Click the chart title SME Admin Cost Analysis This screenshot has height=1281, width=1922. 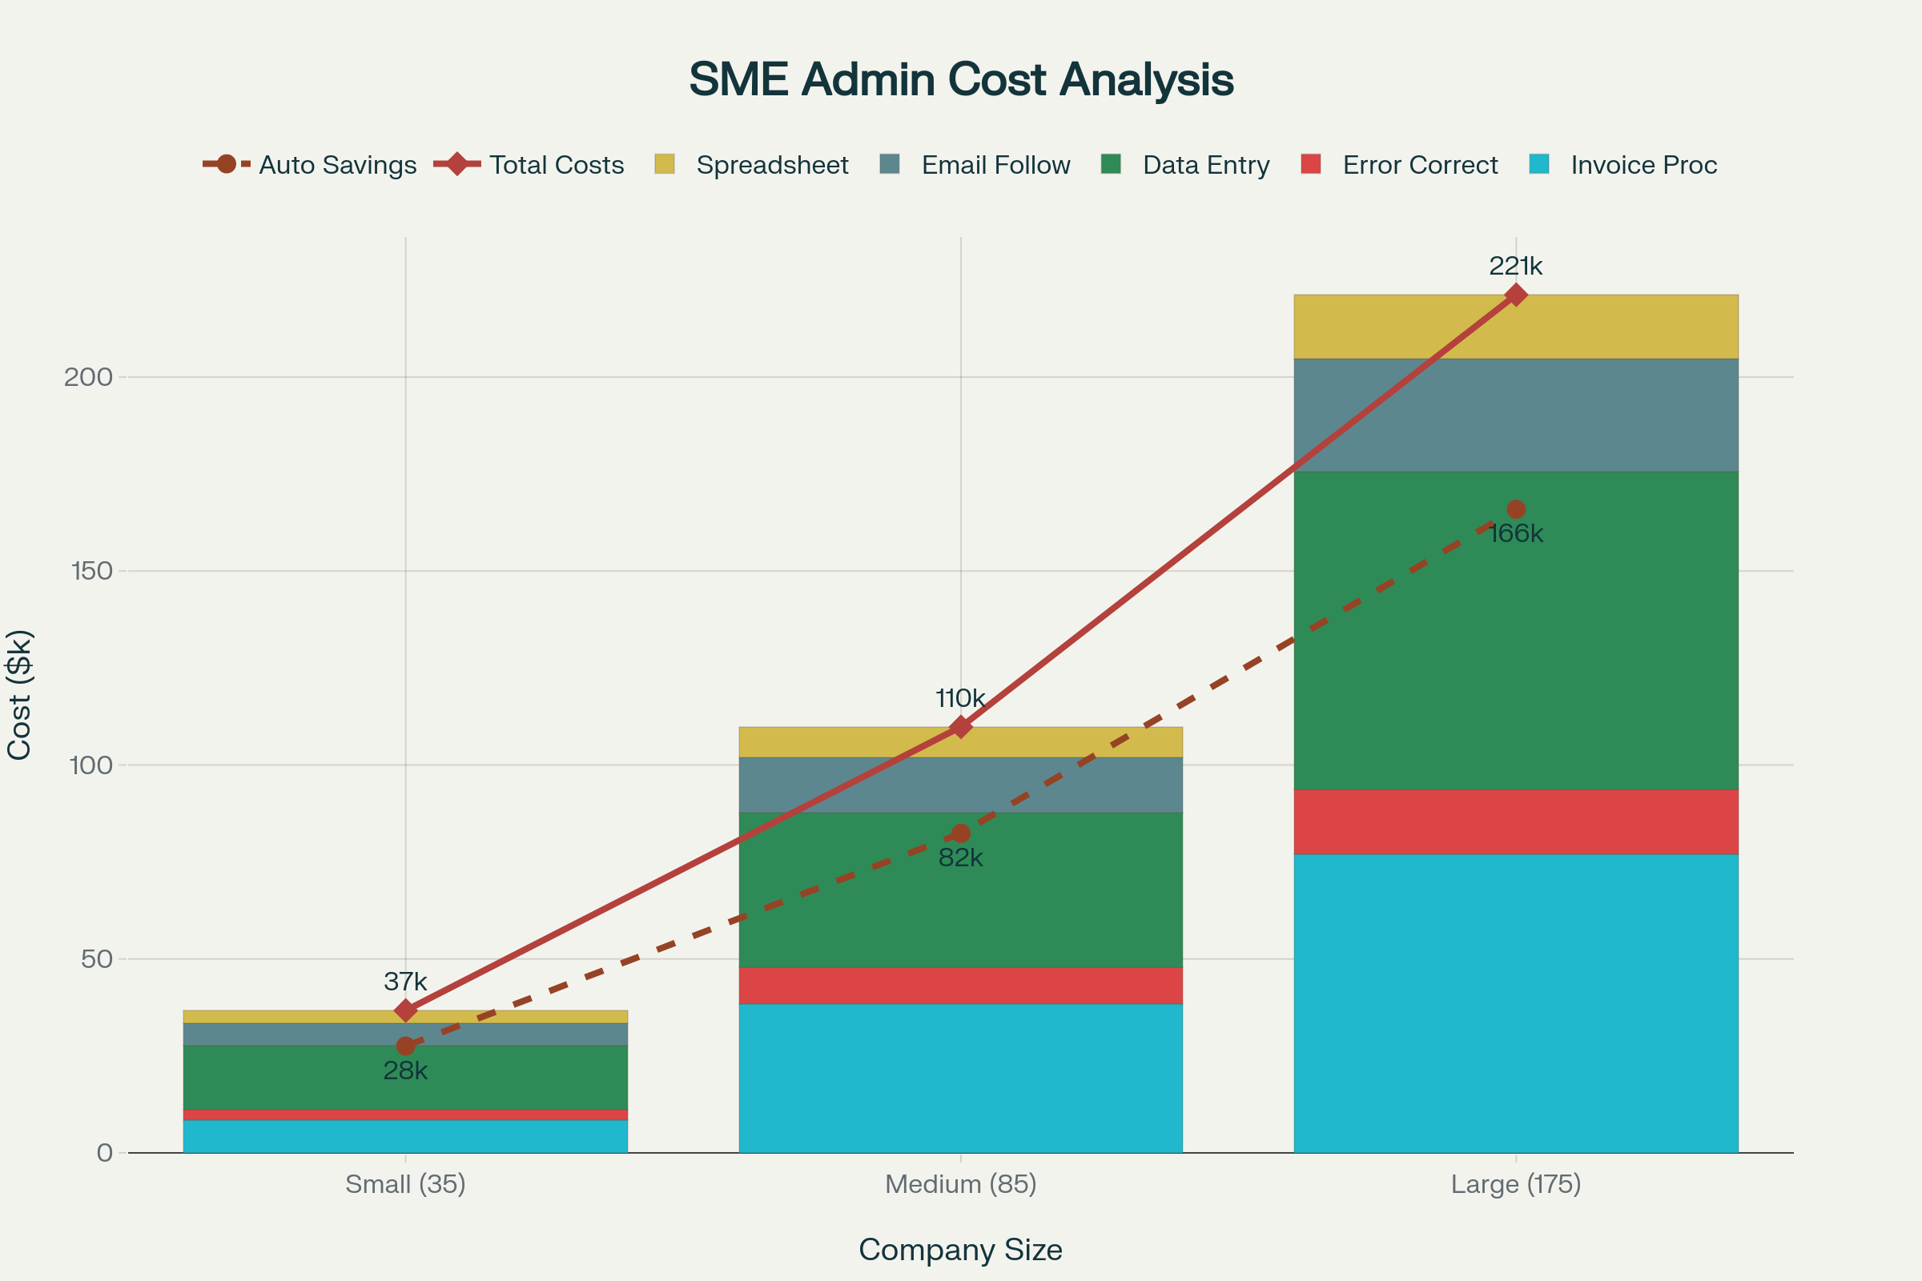(x=961, y=79)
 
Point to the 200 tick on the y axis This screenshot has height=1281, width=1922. (x=88, y=376)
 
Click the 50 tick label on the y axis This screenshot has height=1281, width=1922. (x=96, y=958)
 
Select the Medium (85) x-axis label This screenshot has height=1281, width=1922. (x=960, y=1184)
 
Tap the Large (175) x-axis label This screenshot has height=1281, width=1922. (x=1515, y=1184)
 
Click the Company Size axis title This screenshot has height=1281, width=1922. (x=960, y=1249)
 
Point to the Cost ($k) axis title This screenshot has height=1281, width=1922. (x=19, y=694)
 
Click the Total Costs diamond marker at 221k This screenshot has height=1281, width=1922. (x=1516, y=295)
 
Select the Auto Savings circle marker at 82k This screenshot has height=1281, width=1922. (x=961, y=833)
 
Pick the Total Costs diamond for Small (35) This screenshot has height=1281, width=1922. (x=405, y=1010)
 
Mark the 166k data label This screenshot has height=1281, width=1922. (x=1516, y=534)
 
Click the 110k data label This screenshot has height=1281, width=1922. (x=960, y=698)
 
